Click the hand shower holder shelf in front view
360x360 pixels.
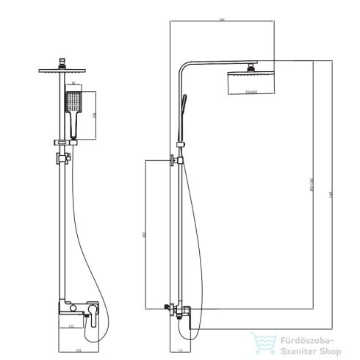click(63, 141)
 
